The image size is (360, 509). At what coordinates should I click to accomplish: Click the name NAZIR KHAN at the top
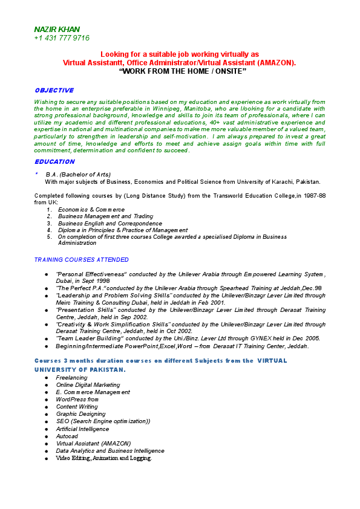[x=57, y=29]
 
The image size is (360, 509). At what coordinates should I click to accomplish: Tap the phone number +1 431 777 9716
[x=62, y=38]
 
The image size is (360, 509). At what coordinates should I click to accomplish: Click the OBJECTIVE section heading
[x=54, y=90]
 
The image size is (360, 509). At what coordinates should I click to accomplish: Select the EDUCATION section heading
[x=54, y=161]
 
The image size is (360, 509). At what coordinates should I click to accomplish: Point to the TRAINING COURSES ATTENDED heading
[x=81, y=259]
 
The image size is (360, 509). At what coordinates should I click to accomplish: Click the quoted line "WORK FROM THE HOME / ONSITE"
[x=183, y=71]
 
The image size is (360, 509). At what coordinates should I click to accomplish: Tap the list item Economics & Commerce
[x=91, y=209]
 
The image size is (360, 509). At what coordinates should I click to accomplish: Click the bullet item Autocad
[x=67, y=436]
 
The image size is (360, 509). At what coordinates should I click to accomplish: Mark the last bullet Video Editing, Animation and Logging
[x=104, y=458]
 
